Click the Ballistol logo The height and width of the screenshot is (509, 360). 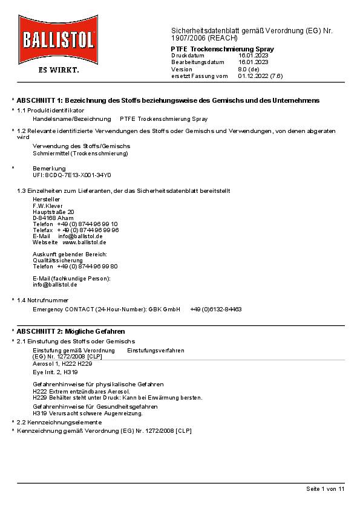57,40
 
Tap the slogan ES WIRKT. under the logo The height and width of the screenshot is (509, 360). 58,70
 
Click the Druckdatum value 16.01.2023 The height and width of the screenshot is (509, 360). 254,55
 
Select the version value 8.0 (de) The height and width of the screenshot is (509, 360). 249,69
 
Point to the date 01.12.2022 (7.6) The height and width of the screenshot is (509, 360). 260,76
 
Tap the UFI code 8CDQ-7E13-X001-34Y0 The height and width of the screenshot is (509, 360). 72,175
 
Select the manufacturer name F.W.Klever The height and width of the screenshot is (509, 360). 48,206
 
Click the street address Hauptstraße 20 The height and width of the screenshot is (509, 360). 53,212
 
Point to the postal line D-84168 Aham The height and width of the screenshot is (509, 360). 53,218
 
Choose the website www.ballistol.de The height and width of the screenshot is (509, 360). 84,242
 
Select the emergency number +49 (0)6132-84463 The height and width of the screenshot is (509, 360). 216,309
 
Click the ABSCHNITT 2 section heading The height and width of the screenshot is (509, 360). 71,331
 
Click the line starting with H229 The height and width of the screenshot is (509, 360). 117,398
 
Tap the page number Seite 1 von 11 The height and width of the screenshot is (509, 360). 325,488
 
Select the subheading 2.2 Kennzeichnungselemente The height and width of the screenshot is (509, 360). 59,422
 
